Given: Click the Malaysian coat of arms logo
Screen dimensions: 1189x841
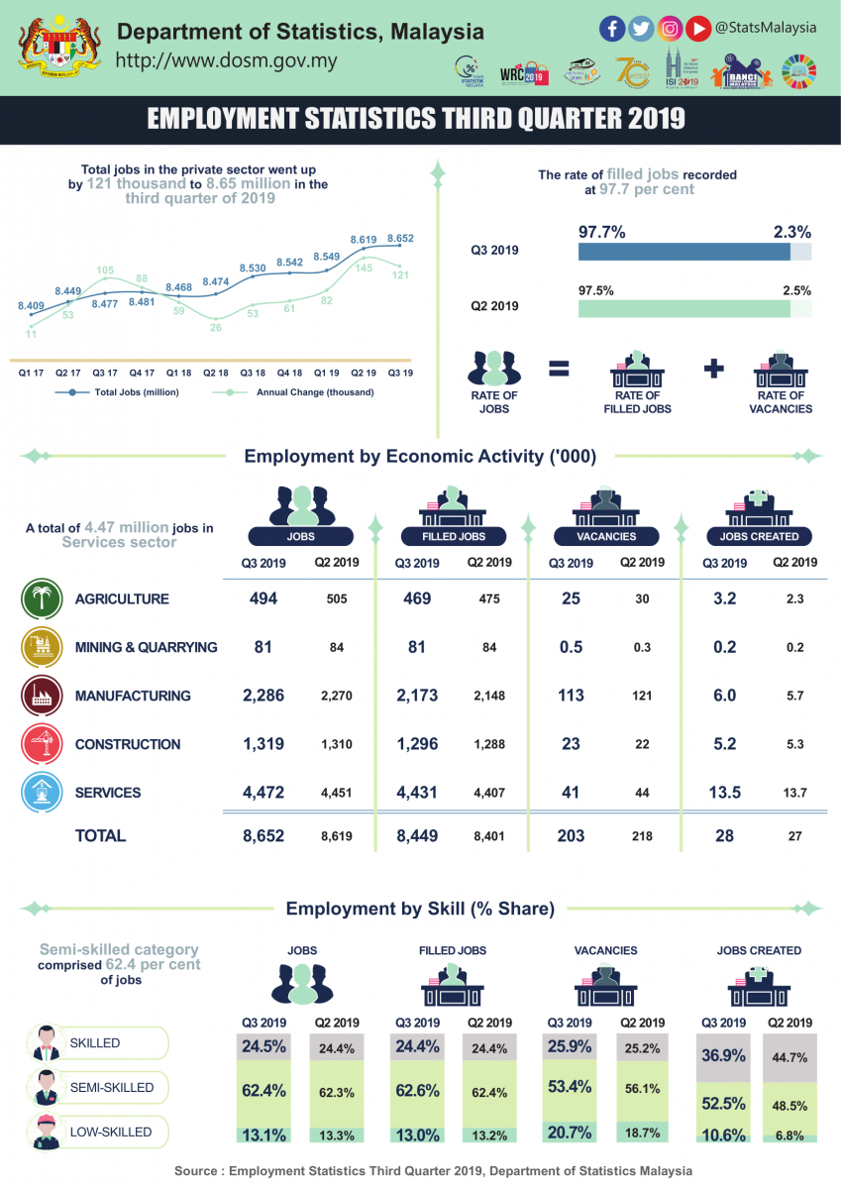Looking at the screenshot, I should (x=56, y=47).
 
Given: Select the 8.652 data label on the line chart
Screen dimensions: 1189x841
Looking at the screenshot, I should (x=400, y=239).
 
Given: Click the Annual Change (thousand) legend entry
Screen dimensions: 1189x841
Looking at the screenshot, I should (x=314, y=392).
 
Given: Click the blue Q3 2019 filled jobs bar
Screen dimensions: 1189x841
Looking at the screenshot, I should (x=683, y=252).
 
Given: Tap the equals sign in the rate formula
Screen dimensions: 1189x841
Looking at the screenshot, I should (x=559, y=369).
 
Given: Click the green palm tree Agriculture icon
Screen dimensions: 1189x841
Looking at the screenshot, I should (x=41, y=598).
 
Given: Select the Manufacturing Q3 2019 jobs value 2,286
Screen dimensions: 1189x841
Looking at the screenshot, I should (x=263, y=696).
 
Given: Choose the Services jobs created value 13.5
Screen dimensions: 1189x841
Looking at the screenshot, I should (x=724, y=793).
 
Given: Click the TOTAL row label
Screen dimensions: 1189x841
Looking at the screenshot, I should (x=100, y=836).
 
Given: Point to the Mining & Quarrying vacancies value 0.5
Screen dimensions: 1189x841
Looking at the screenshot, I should (x=571, y=647).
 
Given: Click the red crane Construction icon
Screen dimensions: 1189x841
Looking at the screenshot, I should (x=41, y=744).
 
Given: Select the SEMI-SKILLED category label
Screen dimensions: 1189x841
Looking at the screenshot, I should (x=111, y=1088).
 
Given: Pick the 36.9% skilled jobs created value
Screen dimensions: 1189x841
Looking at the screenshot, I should (x=724, y=1055).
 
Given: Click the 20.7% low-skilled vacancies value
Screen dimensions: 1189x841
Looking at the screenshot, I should (x=571, y=1132).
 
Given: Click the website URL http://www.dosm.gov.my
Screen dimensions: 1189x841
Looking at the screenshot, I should (x=227, y=60).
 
